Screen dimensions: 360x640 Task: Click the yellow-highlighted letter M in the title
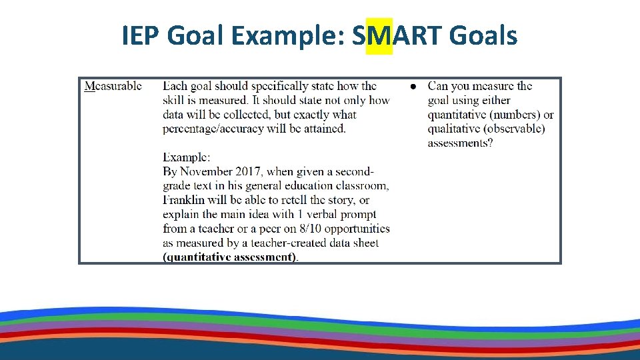[379, 36]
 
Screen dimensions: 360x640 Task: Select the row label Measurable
[113, 85]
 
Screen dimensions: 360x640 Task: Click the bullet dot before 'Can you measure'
[413, 86]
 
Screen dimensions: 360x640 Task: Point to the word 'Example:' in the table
[187, 157]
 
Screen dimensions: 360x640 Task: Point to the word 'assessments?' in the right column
[460, 143]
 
